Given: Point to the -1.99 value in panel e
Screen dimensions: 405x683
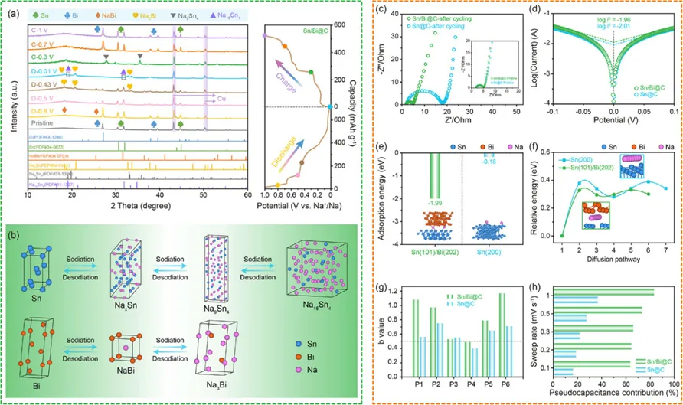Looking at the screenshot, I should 436,181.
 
